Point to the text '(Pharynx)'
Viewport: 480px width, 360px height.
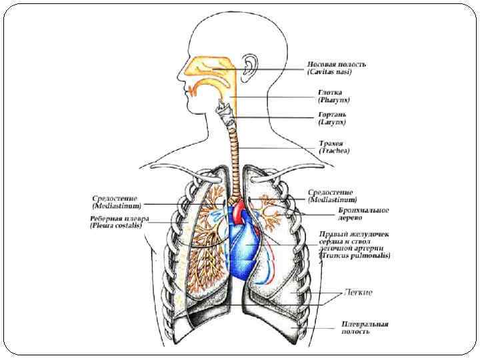coord(334,100)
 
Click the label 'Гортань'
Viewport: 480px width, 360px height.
coord(331,115)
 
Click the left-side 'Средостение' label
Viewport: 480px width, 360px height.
coord(115,199)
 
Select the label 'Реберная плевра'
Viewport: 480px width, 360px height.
coord(120,219)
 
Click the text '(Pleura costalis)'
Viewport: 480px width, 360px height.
coord(117,226)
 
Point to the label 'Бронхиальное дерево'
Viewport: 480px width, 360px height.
coord(353,214)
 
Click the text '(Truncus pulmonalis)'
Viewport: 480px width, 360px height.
coord(355,255)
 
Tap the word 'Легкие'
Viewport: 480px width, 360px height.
coord(358,293)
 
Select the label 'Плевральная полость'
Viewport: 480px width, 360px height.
coord(364,327)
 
